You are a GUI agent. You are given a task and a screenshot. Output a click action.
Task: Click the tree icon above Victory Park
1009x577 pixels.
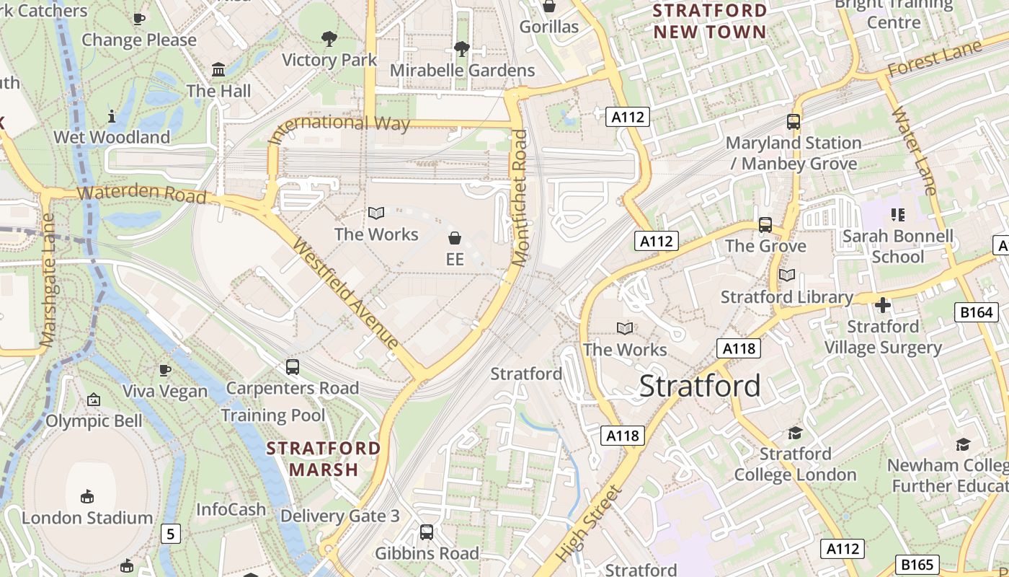(x=329, y=38)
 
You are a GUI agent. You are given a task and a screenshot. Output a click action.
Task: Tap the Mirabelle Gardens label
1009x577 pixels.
(x=462, y=70)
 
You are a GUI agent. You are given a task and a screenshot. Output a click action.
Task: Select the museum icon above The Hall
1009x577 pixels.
(x=218, y=70)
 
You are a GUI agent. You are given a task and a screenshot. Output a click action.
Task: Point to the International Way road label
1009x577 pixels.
(x=339, y=128)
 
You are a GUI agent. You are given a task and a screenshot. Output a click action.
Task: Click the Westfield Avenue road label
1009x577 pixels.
(x=346, y=293)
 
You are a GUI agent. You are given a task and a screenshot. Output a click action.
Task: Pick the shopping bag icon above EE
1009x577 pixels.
(x=455, y=237)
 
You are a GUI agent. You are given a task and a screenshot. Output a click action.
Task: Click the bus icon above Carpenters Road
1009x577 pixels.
(x=293, y=366)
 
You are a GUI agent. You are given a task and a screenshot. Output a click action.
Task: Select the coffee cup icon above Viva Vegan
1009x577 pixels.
(x=165, y=370)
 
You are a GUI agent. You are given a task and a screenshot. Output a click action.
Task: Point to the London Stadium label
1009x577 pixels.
(x=87, y=518)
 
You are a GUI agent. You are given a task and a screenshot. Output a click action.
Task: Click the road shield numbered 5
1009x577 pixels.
(x=170, y=534)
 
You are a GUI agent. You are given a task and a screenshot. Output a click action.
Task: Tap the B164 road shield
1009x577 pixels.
(x=977, y=312)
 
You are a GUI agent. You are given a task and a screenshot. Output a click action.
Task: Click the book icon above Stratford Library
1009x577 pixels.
(x=787, y=276)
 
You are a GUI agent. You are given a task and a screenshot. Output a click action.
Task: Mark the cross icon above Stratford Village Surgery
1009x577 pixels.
(x=883, y=305)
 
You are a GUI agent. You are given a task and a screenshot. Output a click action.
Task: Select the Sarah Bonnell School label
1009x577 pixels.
(x=897, y=246)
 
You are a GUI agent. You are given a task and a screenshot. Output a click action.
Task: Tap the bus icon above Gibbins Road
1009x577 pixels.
(x=427, y=532)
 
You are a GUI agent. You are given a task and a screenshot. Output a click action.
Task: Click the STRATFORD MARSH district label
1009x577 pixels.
(x=324, y=459)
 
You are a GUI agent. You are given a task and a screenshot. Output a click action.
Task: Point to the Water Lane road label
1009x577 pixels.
(x=915, y=151)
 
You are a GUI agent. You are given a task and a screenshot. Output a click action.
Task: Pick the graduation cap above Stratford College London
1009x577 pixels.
(x=795, y=433)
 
